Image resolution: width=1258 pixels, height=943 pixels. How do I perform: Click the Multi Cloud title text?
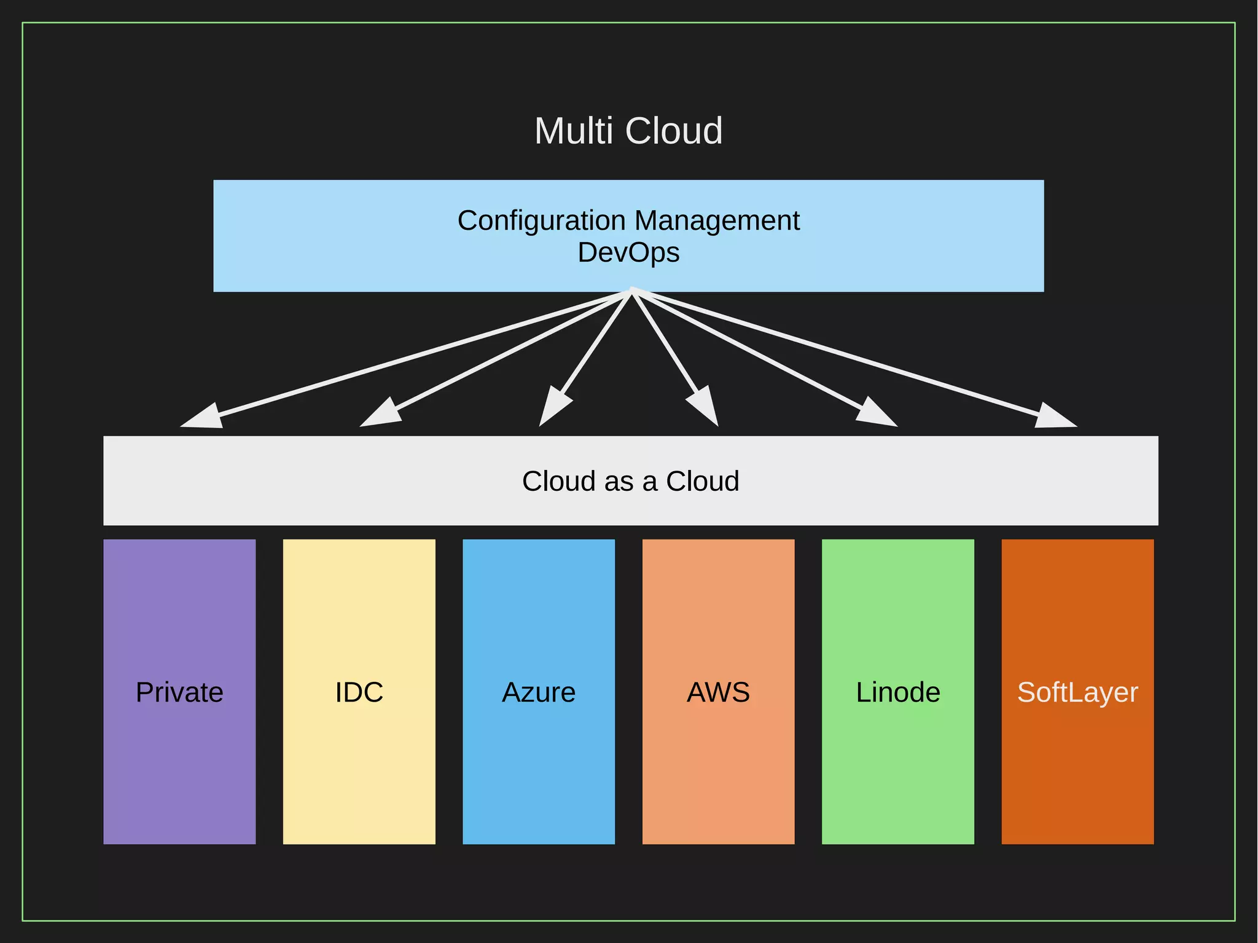pos(628,131)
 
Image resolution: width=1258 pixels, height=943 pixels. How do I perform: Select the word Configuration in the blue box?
pos(541,221)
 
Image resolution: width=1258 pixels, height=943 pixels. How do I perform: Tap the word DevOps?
pos(628,252)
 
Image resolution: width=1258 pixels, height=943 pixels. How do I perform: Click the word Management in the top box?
pos(717,221)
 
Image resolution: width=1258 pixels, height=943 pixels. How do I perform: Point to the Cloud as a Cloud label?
pos(630,481)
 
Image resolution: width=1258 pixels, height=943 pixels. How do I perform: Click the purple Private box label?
pos(179,692)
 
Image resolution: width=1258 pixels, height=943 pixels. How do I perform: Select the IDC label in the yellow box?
pos(359,692)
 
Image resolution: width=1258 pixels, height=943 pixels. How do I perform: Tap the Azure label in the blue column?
pos(539,692)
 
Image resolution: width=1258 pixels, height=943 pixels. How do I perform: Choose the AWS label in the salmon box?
pos(718,692)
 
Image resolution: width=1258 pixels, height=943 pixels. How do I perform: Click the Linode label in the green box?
pos(898,692)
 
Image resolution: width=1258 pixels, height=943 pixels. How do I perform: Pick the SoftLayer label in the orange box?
pos(1077,692)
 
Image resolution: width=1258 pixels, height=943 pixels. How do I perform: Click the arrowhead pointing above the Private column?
pos(203,418)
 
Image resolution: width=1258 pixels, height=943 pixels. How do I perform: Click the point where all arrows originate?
pos(631,292)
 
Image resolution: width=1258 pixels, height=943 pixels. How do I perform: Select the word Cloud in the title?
pos(674,131)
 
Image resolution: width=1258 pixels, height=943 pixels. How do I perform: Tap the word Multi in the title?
pos(574,131)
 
